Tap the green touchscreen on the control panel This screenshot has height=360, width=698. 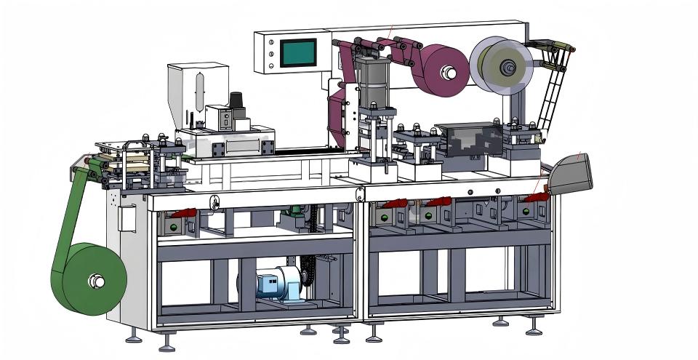298,52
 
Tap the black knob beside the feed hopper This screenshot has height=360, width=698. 236,101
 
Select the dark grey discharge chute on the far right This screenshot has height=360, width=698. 571,175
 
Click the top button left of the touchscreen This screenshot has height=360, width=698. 270,44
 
